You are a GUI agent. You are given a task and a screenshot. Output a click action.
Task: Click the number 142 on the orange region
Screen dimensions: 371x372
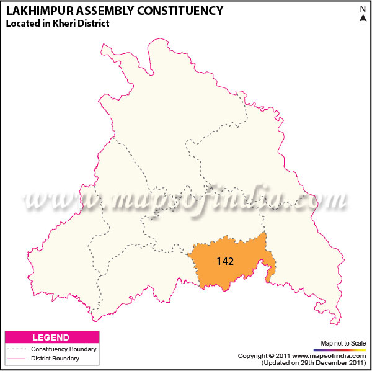pyautogui.click(x=225, y=261)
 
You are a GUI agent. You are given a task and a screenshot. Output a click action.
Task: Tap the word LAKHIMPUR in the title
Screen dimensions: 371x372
pyautogui.click(x=38, y=11)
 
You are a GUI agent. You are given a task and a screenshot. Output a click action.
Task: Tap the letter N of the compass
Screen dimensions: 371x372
pyautogui.click(x=362, y=9)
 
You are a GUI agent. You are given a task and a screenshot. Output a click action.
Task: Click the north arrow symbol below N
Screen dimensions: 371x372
pyautogui.click(x=362, y=19)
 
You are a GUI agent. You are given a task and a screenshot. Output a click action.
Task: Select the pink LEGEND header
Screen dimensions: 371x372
pyautogui.click(x=51, y=338)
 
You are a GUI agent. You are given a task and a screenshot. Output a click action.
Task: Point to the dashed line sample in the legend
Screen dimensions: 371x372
pyautogui.click(x=16, y=350)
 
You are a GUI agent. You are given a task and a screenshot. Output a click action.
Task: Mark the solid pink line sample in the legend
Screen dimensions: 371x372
pyautogui.click(x=16, y=359)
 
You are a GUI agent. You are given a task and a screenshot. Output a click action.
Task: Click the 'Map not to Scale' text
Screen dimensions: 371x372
pyautogui.click(x=343, y=343)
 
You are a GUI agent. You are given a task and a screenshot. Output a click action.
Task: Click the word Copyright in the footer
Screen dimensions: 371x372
pyautogui.click(x=252, y=356)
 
